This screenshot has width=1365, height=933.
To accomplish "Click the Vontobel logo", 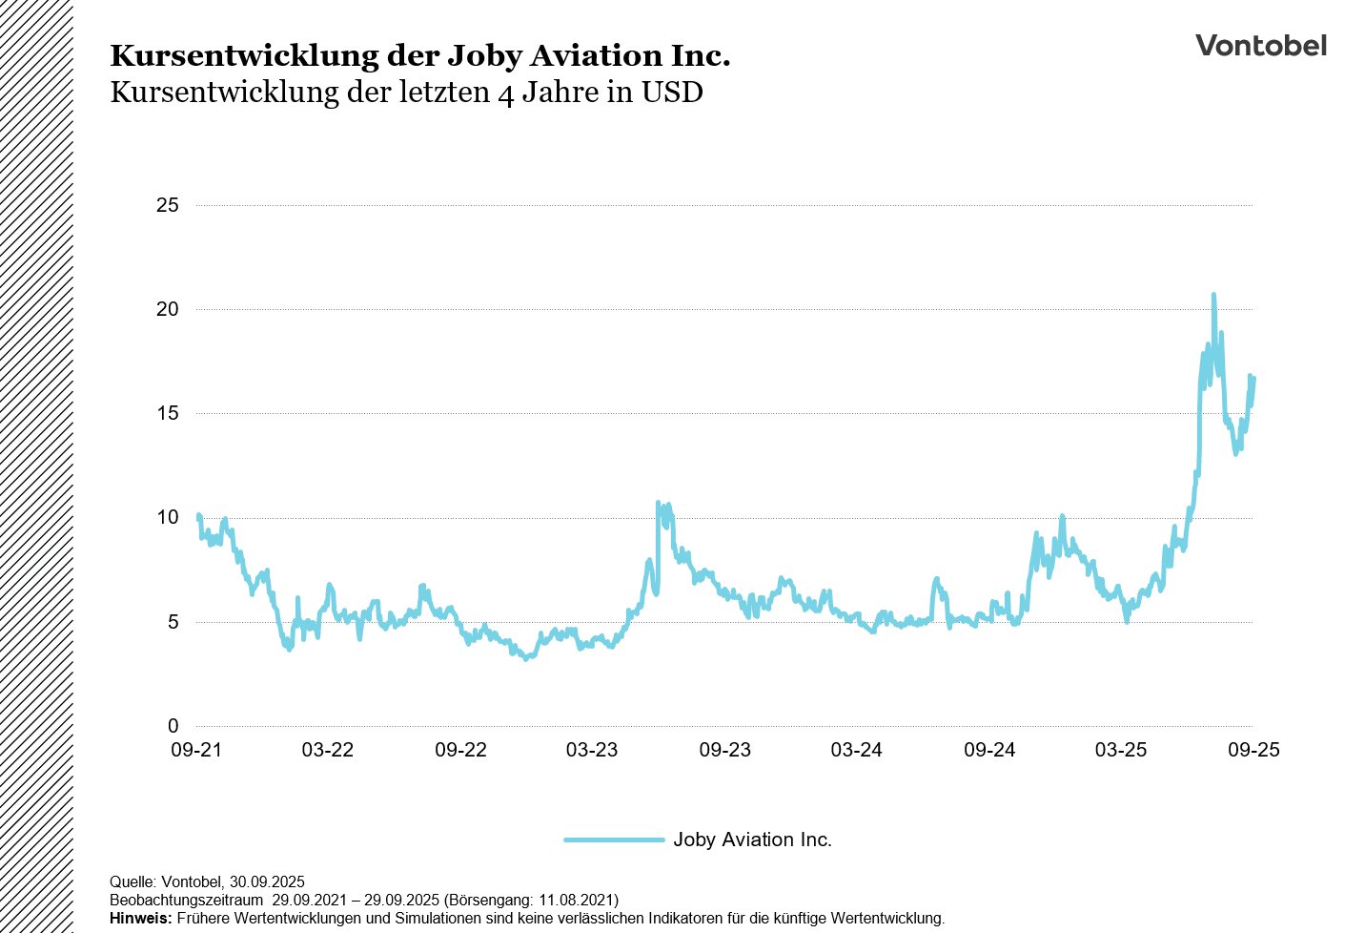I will pos(1260,46).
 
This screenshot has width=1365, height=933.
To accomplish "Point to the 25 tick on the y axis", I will pos(168,205).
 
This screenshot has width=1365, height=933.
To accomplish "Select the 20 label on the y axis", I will pos(168,309).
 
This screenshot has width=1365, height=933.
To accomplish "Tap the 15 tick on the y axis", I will pos(168,413).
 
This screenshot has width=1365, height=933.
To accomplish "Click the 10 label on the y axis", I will pos(168,517).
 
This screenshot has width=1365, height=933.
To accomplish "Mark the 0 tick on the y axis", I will pos(173,726).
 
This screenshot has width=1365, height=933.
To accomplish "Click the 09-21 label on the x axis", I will pos(196,750).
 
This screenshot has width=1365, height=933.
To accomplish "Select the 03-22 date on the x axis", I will pos(328,750).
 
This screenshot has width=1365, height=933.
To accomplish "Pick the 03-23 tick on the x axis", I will pos(592,750).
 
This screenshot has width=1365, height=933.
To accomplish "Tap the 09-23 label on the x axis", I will pos(725,750).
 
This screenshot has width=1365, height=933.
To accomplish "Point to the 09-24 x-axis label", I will pos(989,750).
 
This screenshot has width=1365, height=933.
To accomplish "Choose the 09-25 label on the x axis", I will pos(1253,750).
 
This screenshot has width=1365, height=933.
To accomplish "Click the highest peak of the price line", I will pos(1213,295).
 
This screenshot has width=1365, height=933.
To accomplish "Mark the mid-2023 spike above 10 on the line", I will pos(659,503).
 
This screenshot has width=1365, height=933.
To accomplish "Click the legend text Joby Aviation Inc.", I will pos(752,840).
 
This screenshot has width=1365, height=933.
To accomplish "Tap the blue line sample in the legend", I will pos(614,840).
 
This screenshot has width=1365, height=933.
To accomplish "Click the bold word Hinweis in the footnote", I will pos(140,918).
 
